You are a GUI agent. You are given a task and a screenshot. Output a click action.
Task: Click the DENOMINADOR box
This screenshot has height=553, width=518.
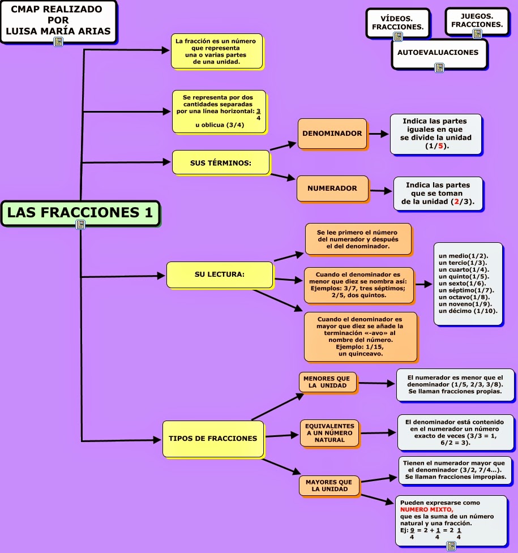(332, 134)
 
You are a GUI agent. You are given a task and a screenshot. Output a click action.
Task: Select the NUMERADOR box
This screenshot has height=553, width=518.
(332, 188)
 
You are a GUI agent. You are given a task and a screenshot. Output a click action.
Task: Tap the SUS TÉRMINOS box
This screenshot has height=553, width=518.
(221, 162)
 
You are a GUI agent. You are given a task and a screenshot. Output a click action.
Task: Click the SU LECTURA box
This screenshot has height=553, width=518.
(220, 275)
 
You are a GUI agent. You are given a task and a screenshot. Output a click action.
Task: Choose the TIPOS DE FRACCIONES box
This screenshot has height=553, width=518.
(213, 439)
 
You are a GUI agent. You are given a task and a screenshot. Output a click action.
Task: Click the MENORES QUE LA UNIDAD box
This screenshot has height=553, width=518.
(327, 382)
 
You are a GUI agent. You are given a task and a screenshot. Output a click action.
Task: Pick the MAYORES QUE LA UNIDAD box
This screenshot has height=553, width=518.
(329, 486)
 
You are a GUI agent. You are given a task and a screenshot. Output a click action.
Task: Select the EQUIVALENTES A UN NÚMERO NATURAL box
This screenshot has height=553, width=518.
(329, 433)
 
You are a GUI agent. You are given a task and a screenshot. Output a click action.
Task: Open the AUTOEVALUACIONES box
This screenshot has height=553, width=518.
(439, 53)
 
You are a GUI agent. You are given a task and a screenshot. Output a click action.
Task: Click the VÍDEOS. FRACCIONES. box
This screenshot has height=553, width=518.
(398, 23)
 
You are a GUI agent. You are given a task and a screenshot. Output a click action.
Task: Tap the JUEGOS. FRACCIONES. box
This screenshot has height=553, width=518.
(477, 21)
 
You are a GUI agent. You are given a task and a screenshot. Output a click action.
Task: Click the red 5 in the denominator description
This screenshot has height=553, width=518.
(440, 145)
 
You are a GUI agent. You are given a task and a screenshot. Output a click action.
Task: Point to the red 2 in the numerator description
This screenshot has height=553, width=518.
(457, 202)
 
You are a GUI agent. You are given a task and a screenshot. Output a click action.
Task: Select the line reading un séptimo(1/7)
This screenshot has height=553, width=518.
(466, 290)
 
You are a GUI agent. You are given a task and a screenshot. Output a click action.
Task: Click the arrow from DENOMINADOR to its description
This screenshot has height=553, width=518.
(378, 134)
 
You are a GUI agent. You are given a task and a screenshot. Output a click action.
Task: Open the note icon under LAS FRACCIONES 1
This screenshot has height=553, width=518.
(80, 224)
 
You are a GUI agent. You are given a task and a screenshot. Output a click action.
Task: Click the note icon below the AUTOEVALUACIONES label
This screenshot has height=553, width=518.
(439, 67)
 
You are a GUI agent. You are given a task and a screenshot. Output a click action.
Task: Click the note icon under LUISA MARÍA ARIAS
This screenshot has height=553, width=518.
(58, 42)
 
